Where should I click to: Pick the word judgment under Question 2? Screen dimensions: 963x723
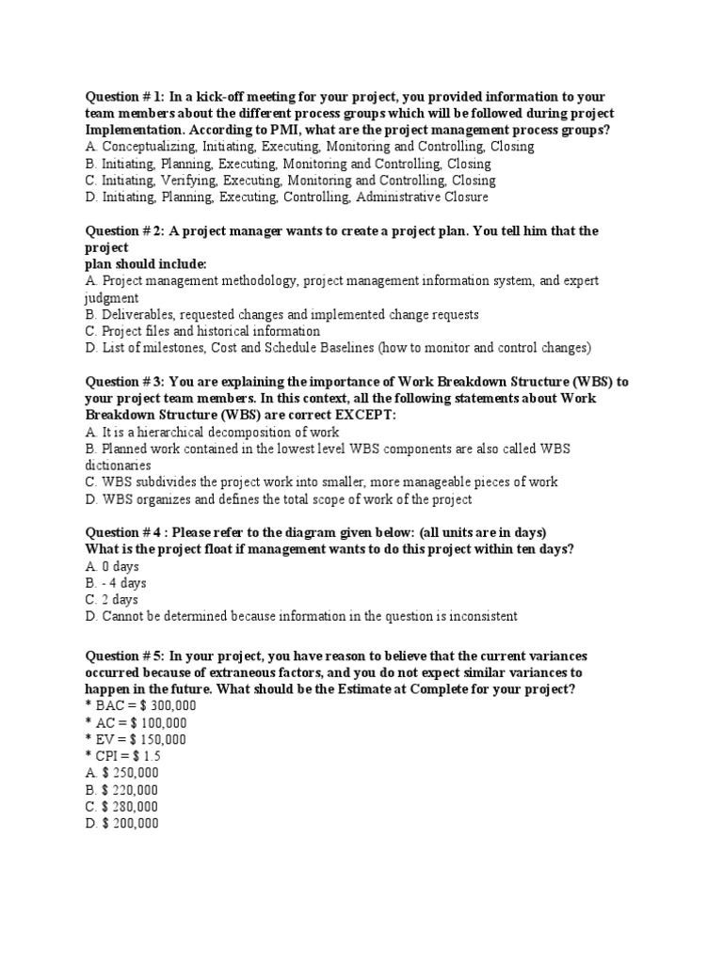click(x=112, y=298)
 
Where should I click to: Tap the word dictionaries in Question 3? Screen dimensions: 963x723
click(x=118, y=466)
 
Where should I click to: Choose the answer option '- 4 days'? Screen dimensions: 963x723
click(x=118, y=583)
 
